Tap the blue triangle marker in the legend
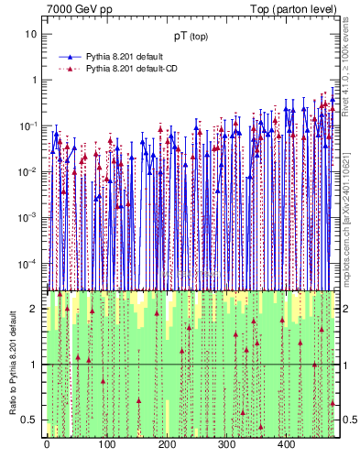coord(70,56)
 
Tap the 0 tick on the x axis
coord(47,444)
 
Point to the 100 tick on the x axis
coord(106,444)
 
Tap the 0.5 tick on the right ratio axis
coord(351,420)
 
